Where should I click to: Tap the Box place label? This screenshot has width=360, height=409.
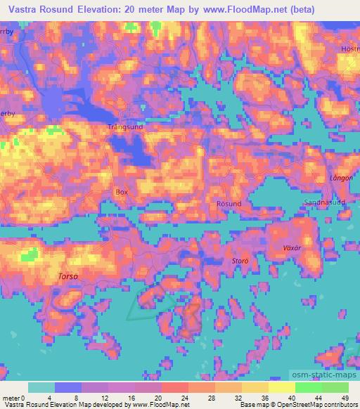[x=122, y=191]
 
